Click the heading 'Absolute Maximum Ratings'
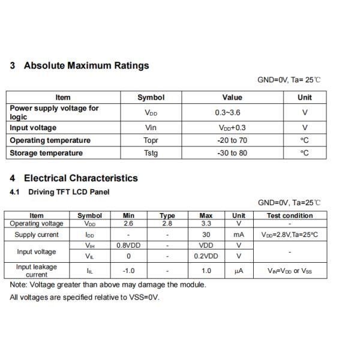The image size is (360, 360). pos(86,65)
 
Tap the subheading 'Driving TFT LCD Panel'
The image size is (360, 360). pos(69,192)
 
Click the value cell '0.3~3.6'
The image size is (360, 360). pos(232,112)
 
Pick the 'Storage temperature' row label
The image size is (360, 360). pos(46,153)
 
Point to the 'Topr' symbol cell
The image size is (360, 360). pos(151,140)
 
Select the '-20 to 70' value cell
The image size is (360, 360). pos(232,140)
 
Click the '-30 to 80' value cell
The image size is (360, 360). pos(232,153)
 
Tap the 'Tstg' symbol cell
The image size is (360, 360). pos(151,153)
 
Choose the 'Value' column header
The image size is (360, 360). pos(232,97)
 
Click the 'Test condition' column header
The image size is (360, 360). pos(290,215)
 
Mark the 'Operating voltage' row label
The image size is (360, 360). pos(37,224)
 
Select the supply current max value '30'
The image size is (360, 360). pos(206,235)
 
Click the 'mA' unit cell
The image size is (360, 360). pos(239,235)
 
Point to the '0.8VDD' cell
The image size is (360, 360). pos(128,245)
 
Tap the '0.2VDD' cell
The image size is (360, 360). pos(206,256)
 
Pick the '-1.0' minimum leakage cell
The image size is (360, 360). pos(128,271)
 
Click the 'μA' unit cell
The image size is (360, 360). pos(239,271)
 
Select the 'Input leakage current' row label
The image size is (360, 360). pos(37,271)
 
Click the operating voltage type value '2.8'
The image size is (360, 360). pos(167,224)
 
